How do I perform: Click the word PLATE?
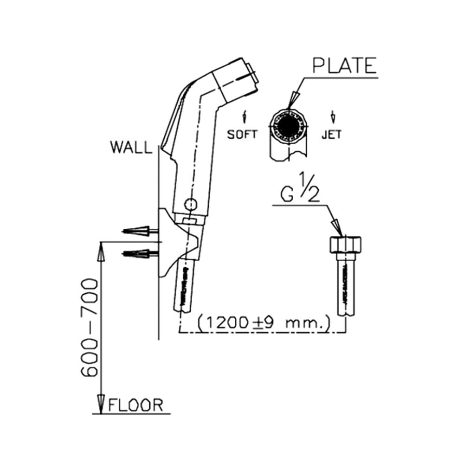click(x=344, y=65)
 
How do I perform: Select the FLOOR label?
click(x=136, y=405)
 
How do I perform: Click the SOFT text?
click(x=242, y=135)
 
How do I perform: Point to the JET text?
click(x=331, y=135)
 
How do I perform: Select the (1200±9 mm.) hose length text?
click(x=264, y=323)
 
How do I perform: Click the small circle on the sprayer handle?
click(x=191, y=204)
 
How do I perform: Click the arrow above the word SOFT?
click(x=245, y=117)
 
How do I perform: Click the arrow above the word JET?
click(x=333, y=117)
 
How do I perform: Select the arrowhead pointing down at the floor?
click(x=101, y=404)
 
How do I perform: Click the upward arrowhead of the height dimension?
click(x=101, y=251)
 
